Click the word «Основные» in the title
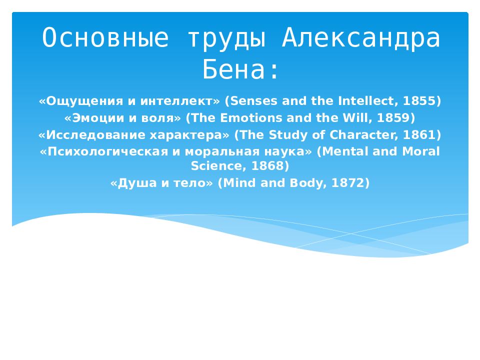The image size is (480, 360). pos(105,37)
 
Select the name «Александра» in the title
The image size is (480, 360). pos(361,38)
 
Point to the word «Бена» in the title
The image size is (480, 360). pos(233,69)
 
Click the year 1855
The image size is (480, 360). pos(420,100)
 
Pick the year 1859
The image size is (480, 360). pos(394,117)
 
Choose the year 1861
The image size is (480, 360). pos(420,134)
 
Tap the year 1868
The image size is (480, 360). pos(268,165)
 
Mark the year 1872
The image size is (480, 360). pos(348,183)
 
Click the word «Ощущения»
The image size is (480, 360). pos(84,101)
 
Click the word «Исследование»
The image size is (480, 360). pos(95,135)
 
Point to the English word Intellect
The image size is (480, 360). pos(368,100)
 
